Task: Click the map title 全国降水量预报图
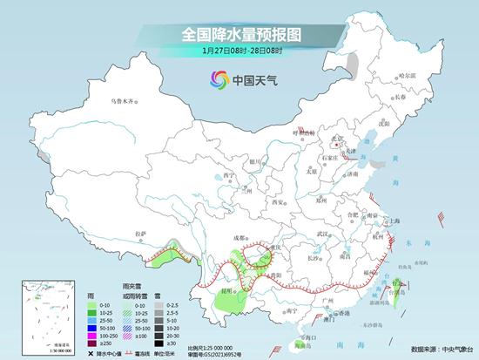pyautogui.click(x=239, y=34)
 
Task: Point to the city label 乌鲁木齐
pyautogui.click(x=122, y=103)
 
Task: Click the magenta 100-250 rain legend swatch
pyautogui.click(x=108, y=335)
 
